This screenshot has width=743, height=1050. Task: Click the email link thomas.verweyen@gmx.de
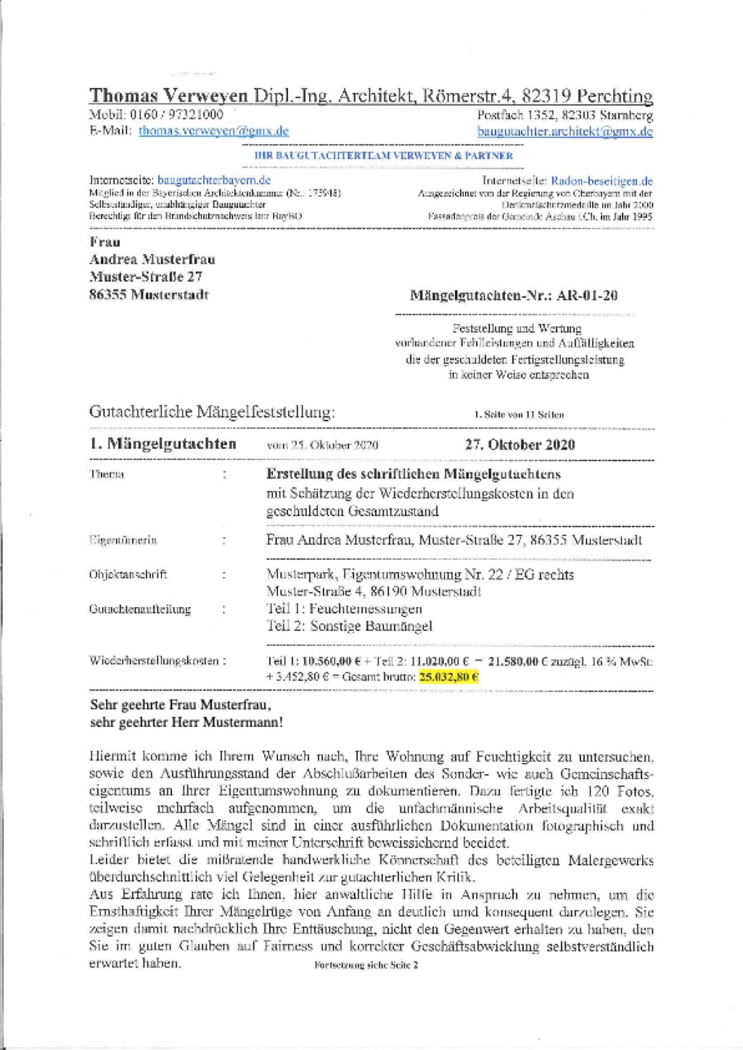point(213,131)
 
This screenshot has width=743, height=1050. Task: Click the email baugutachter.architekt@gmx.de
point(565,131)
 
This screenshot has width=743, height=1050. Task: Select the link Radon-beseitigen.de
point(602,181)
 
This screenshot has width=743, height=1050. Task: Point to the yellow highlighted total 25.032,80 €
point(449,677)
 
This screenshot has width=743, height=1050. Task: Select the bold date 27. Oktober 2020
point(520,444)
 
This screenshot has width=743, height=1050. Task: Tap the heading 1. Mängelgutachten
point(163,444)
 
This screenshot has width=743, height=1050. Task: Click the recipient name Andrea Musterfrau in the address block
point(152,259)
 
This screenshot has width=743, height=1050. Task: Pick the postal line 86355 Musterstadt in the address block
point(149,295)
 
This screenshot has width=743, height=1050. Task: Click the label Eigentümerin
point(123,540)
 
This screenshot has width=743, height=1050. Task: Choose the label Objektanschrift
point(128,574)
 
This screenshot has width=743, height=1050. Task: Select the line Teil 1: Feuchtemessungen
point(344,609)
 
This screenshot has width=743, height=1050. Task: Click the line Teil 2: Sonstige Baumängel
point(349,626)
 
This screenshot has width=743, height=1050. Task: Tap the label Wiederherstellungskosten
point(154,661)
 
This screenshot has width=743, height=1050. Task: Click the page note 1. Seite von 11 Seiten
point(519,415)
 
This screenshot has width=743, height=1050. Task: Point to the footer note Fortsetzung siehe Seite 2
point(366,965)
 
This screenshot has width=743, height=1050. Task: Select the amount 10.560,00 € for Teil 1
point(331,662)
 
